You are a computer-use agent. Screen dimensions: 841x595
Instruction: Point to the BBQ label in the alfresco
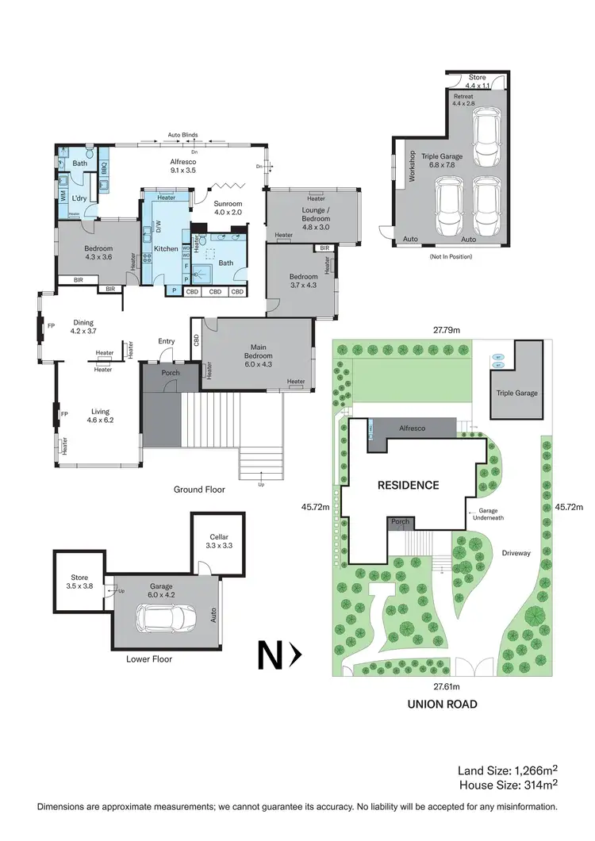pos(103,167)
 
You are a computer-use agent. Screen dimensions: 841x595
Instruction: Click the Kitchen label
pos(166,249)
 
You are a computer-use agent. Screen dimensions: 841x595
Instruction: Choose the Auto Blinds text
pos(183,135)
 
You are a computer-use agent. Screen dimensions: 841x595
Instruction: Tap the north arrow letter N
pos(270,655)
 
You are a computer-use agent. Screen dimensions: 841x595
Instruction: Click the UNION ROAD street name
pos(443,703)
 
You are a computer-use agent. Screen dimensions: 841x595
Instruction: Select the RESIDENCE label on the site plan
pos(408,485)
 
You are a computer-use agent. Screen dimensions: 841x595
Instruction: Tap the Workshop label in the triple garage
pos(412,167)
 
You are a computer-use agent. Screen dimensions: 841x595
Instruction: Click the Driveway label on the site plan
pos(516,553)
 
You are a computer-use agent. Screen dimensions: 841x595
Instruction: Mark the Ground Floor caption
pos(199,490)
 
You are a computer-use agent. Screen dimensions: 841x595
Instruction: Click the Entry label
pos(166,341)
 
